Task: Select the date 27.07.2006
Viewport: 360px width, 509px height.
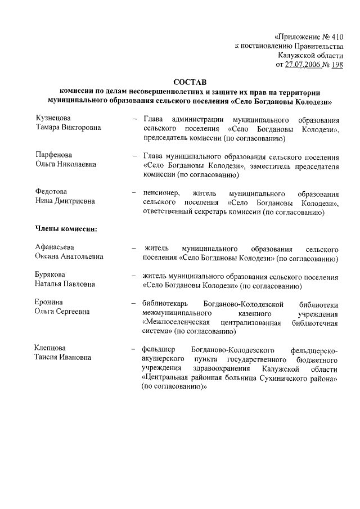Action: (x=303, y=65)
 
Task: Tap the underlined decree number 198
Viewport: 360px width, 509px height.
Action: (x=337, y=65)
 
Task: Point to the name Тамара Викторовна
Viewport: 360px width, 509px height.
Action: (x=68, y=128)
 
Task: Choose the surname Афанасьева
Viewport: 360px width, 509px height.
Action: (x=55, y=247)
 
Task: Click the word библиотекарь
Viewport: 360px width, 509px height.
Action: (x=165, y=303)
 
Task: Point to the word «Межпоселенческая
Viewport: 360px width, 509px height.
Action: (x=177, y=322)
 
